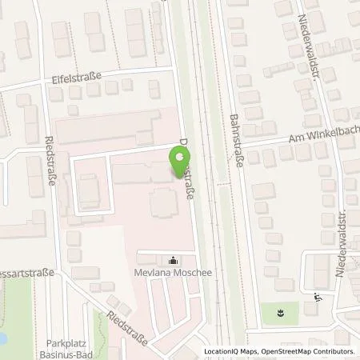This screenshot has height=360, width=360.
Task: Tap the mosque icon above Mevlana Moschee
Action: (174, 260)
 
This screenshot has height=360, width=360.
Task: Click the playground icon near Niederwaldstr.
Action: (318, 298)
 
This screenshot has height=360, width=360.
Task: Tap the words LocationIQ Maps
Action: (232, 352)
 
